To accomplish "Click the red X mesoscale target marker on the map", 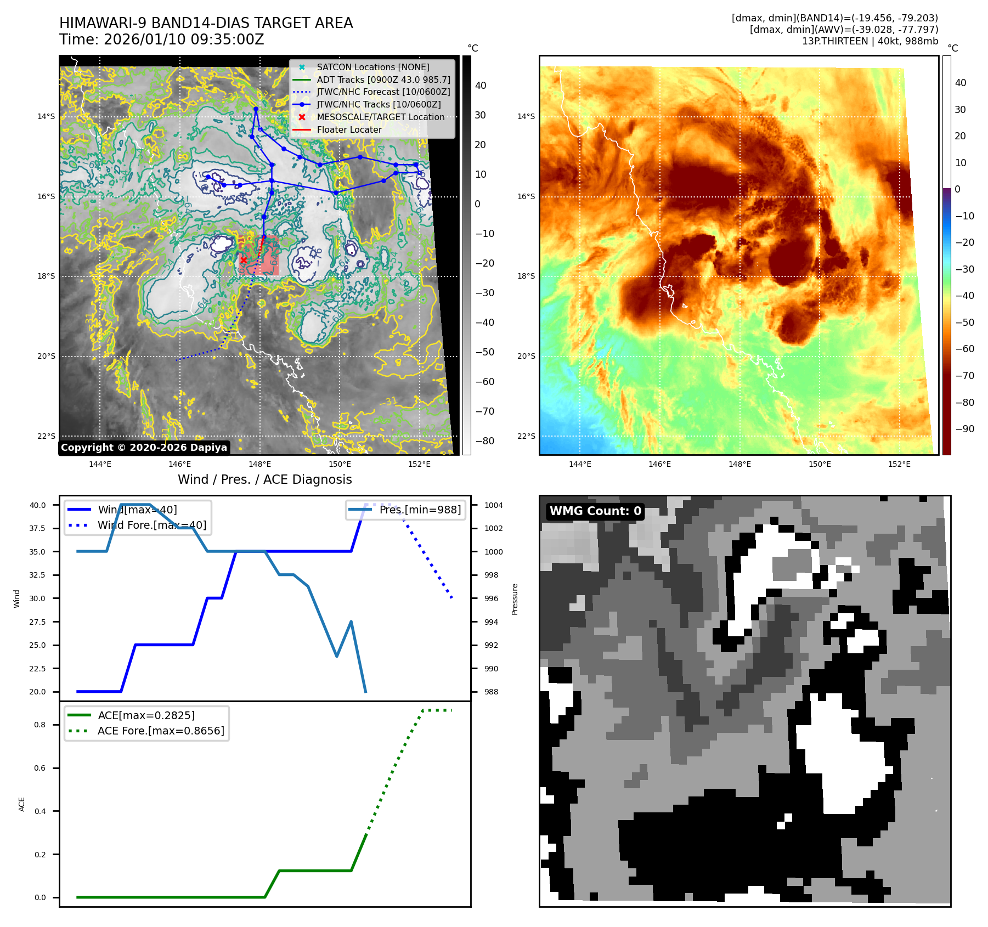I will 244,259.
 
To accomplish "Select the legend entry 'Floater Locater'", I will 349,129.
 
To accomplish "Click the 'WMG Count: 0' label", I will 595,511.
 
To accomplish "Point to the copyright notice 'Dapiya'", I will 144,448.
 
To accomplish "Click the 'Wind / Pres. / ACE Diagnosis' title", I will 264,479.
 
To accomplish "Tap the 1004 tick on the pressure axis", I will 493,505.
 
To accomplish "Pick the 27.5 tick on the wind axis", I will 37,622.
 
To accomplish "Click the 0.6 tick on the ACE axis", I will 40,768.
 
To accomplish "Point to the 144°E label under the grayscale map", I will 100,464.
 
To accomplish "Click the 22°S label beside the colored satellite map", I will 526,436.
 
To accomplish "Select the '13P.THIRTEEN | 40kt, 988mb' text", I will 870,41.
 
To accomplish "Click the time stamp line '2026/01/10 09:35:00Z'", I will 162,40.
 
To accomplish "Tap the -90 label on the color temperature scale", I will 964,429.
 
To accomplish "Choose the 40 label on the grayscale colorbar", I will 481,86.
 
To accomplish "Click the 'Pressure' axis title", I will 515,599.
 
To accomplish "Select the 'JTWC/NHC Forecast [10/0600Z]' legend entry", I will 383,92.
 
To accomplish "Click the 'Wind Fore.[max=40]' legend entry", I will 152,525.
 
